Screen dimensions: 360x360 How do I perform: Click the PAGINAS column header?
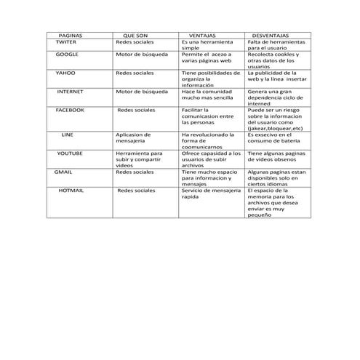coord(70,35)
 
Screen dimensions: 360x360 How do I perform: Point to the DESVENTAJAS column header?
coord(270,35)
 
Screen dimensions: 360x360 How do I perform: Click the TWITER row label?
coord(66,42)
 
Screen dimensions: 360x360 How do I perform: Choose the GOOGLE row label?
coord(68,55)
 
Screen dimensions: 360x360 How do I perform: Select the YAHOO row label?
coord(66,73)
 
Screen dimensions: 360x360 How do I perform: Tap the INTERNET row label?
coord(70,92)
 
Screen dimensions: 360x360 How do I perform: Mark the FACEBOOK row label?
coord(70,109)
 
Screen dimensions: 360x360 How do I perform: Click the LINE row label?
coord(67,135)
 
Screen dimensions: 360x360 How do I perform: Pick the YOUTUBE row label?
coord(70,153)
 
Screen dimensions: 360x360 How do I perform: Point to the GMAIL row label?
coord(63,172)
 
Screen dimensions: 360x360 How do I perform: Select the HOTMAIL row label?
coord(71,190)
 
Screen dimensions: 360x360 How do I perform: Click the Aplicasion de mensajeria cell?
coord(134,137)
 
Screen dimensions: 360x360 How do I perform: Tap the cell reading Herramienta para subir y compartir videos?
coord(138,159)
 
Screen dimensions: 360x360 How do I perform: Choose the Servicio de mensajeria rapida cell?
coord(209,193)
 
